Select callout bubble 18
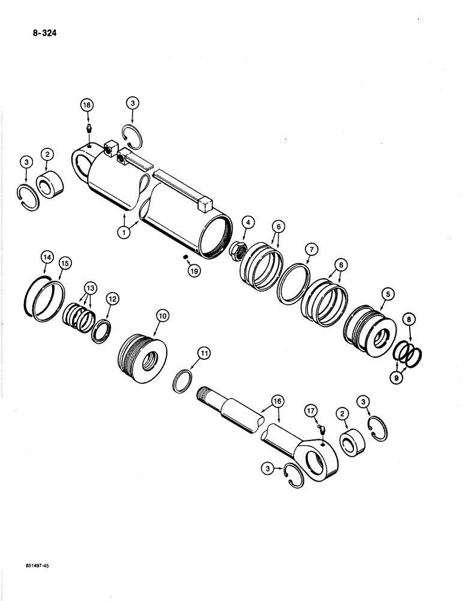(88, 105)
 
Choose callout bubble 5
(389, 294)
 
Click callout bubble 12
(112, 297)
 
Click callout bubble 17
(310, 412)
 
